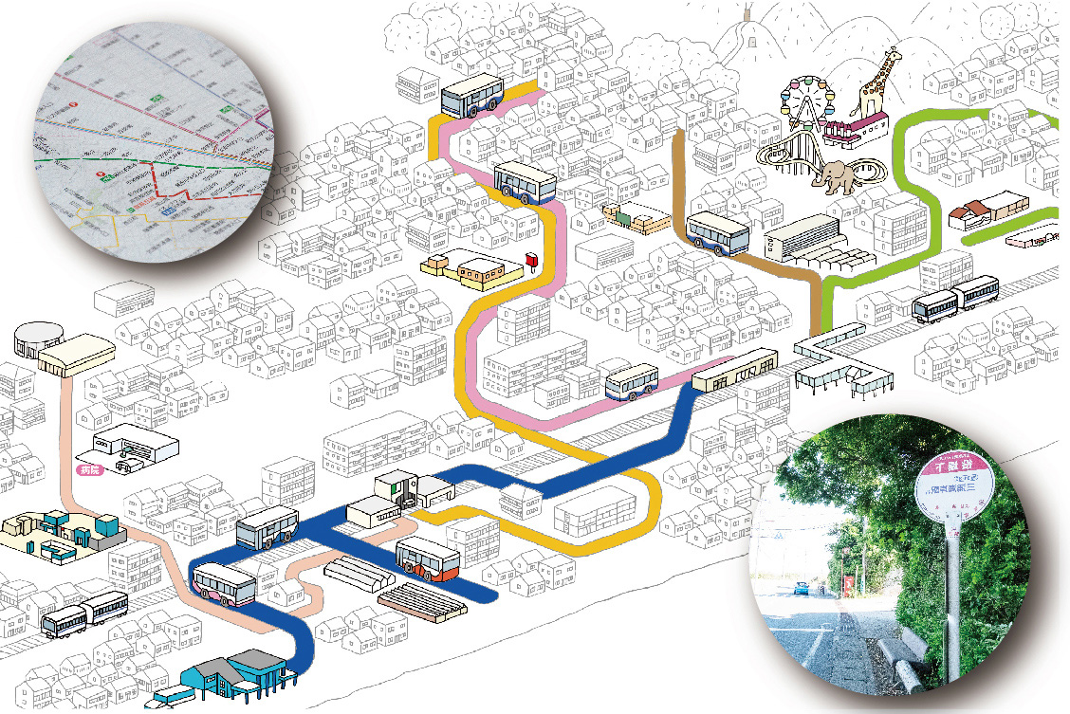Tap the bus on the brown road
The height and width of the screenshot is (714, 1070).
click(x=717, y=232)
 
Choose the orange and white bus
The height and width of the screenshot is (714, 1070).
click(x=428, y=558)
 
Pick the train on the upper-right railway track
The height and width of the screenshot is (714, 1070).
click(x=956, y=298)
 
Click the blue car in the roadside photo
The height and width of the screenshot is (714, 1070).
click(x=801, y=589)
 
